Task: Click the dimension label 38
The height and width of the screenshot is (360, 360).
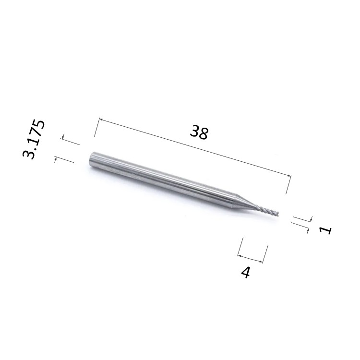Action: pos(199,132)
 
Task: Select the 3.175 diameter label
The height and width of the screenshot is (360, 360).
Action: pos(34,139)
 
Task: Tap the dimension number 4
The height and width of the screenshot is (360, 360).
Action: pos(245,273)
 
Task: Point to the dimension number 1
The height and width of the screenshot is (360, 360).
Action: pos(325,230)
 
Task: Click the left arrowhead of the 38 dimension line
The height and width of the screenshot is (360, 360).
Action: pos(101,120)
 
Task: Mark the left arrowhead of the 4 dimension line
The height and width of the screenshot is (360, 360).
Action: pos(239,255)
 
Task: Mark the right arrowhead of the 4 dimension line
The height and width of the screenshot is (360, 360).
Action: pos(260,261)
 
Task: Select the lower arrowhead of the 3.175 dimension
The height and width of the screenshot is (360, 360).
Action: pos(55,159)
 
